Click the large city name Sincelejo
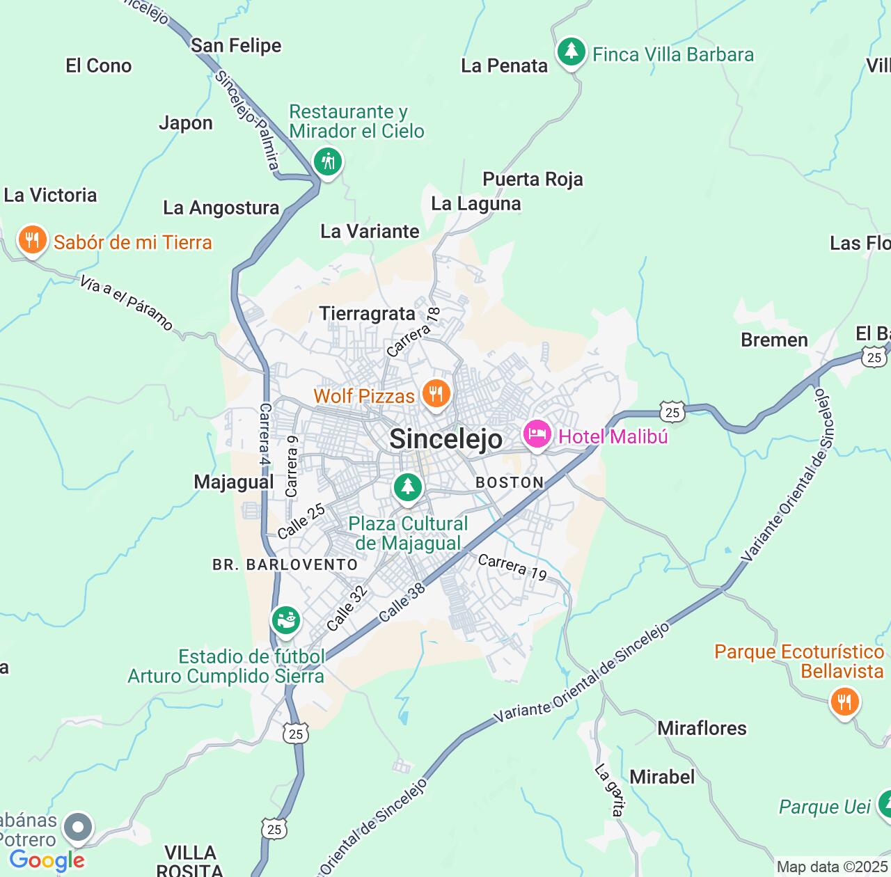pos(445,439)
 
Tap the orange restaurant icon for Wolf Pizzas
pos(436,395)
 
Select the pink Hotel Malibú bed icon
pos(537,436)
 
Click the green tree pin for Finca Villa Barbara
pos(571,52)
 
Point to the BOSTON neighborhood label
pos(510,482)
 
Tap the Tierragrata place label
pos(368,314)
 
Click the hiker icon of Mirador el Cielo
pos(327,162)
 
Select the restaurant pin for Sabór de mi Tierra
pos(31,241)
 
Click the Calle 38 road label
pos(402,603)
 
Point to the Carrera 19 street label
pos(512,567)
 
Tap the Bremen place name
pos(774,340)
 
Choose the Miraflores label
pos(702,728)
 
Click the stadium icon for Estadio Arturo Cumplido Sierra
pos(285,619)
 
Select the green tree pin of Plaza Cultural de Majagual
pos(408,487)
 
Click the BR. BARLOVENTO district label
pos(285,564)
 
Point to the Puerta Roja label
pos(533,179)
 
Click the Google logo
pos(47,860)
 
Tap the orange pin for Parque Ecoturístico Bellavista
pos(844,702)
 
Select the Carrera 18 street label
pos(413,333)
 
